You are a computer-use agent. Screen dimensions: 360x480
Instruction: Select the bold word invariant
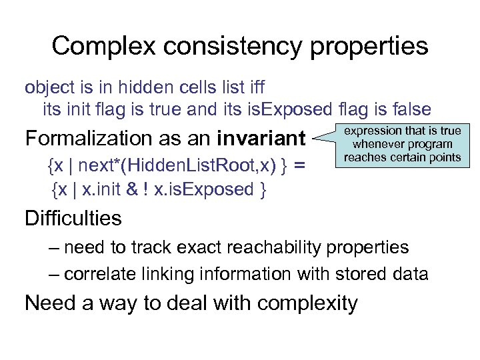tap(261, 139)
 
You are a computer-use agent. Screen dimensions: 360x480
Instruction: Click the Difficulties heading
tap(73, 218)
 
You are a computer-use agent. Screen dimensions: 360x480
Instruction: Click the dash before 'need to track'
tap(53, 247)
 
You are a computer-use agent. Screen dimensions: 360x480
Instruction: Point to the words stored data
tap(389, 273)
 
